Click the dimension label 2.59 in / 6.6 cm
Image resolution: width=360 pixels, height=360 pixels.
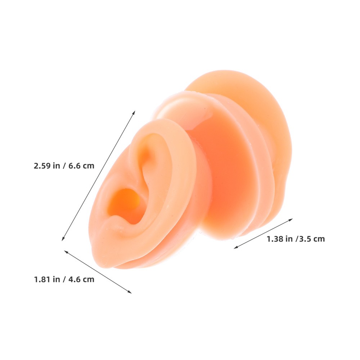pos(64,166)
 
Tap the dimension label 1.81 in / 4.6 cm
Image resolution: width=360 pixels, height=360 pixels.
pos(64,279)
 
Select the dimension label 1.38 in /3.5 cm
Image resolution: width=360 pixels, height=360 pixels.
pos(296,239)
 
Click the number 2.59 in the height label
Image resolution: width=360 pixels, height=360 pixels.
pos(42,166)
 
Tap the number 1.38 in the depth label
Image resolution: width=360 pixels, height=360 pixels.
pos(275,239)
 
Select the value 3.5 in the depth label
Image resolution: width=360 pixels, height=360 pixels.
pos(305,239)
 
